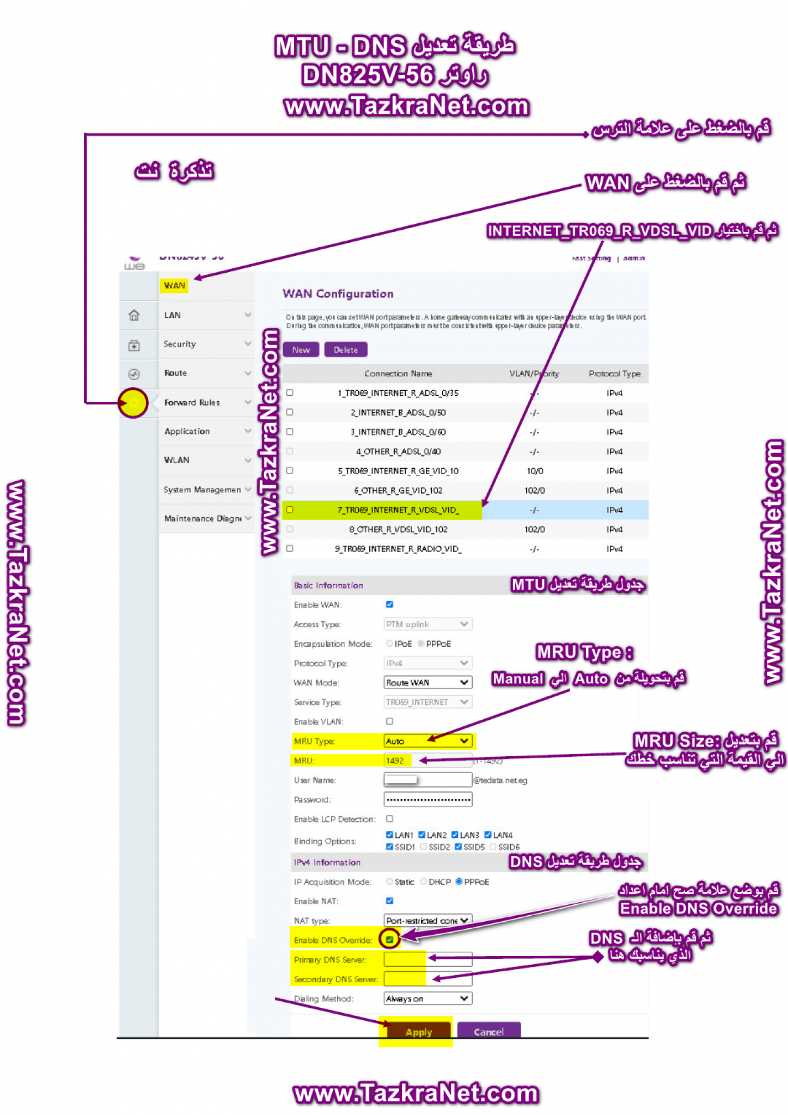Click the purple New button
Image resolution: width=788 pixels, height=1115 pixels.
(x=301, y=350)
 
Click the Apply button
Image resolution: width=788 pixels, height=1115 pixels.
(x=418, y=1032)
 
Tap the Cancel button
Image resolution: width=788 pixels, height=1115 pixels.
(x=488, y=1032)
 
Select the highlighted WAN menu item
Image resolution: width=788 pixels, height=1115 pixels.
(x=174, y=285)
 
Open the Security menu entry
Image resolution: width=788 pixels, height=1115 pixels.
(x=180, y=344)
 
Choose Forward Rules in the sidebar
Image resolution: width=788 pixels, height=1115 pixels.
(x=192, y=402)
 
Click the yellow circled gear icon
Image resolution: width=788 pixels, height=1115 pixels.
(x=133, y=403)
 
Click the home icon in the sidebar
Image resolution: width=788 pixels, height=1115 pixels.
(x=134, y=315)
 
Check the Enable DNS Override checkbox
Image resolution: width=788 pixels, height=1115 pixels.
(x=390, y=940)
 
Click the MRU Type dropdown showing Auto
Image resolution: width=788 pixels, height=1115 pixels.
(x=427, y=741)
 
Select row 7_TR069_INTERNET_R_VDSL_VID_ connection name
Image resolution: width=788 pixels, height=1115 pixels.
(x=398, y=510)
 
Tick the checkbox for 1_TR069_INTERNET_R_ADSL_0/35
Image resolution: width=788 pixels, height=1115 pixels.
(x=290, y=393)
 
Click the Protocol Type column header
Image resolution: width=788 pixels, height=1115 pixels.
(x=614, y=373)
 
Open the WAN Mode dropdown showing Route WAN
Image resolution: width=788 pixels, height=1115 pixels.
(x=427, y=683)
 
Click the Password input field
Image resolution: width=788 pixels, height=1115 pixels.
(x=427, y=800)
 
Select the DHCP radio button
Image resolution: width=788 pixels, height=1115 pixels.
(x=424, y=882)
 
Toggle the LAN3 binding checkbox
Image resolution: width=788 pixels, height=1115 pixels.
(x=455, y=835)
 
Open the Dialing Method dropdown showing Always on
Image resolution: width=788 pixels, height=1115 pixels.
(x=427, y=998)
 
